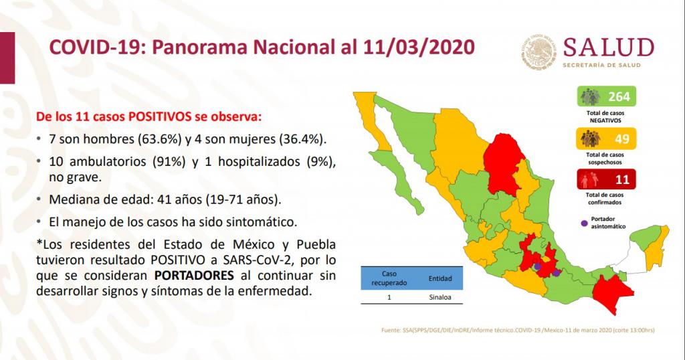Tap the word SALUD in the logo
(x=608, y=48)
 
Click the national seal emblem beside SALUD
(x=539, y=52)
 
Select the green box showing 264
(x=606, y=96)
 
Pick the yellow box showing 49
(x=606, y=139)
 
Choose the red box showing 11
(x=606, y=179)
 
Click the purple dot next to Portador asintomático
(x=584, y=223)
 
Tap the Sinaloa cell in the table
(x=439, y=297)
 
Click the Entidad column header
(x=440, y=278)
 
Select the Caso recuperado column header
(x=389, y=278)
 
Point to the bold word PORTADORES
(x=194, y=276)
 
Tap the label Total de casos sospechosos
(x=605, y=159)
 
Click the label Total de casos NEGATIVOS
(x=605, y=116)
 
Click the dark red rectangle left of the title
(x=7, y=58)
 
